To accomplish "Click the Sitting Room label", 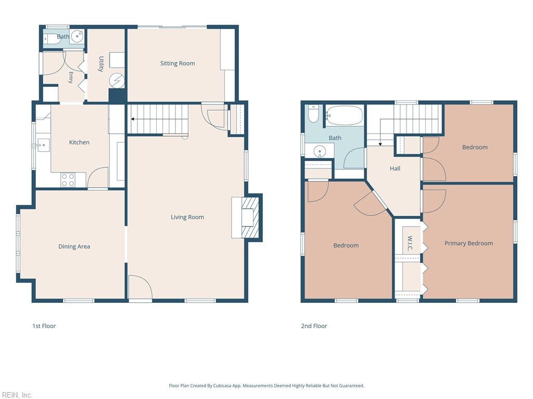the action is (177, 63).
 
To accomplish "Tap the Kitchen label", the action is (79, 142).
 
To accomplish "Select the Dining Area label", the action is (74, 246).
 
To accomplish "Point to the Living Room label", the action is (187, 217).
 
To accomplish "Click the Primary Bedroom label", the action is (468, 243).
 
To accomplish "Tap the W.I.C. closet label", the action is (410, 244).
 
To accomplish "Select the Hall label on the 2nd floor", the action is (395, 168).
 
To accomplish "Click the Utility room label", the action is (101, 64).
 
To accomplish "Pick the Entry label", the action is (71, 77).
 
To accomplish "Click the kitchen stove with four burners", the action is (68, 180).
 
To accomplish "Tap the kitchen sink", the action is (44, 145).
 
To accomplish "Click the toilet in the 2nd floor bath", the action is (313, 114).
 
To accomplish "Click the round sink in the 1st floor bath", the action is (78, 36).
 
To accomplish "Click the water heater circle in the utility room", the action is (117, 81).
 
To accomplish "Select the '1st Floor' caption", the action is (44, 326).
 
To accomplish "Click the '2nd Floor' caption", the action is (314, 326).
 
